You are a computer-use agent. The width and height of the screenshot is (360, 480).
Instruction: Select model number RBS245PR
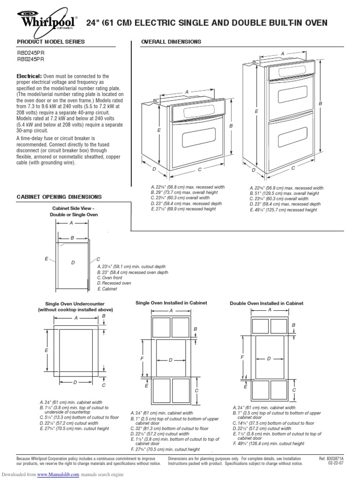(31, 60)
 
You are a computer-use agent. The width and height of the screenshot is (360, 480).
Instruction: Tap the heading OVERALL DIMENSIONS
(171, 42)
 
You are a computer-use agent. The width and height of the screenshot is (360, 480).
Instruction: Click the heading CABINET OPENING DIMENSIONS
(59, 197)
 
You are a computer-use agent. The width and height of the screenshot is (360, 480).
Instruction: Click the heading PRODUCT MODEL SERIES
(51, 42)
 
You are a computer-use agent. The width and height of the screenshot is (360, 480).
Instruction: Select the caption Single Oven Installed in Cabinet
(171, 303)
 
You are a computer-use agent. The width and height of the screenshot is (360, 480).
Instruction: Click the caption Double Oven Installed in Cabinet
(266, 303)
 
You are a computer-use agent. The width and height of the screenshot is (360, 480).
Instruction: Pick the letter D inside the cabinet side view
(73, 262)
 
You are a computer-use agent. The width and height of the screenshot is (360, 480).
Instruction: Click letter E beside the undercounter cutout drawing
(47, 350)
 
